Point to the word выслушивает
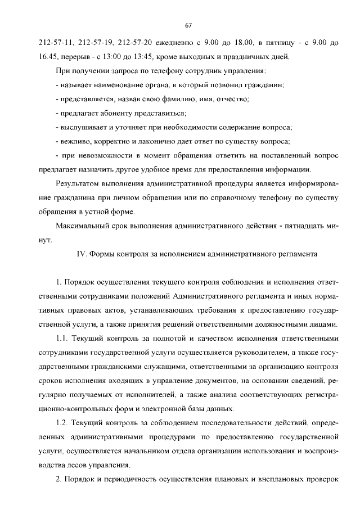tap(84, 127)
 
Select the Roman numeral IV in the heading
tap(79, 254)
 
